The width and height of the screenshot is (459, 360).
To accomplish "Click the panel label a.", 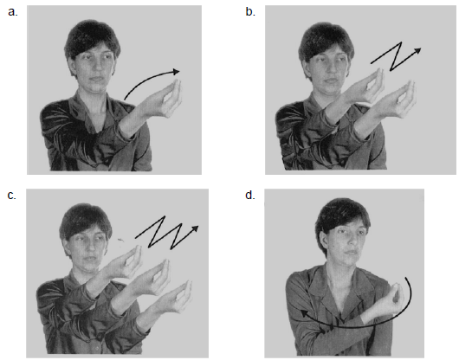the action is (x=13, y=12).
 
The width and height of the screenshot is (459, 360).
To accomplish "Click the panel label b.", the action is (x=250, y=12).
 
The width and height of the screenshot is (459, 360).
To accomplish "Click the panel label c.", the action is (x=12, y=195).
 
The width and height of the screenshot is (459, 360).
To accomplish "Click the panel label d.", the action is (x=250, y=195).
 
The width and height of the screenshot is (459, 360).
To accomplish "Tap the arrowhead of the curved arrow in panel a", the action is (x=176, y=72).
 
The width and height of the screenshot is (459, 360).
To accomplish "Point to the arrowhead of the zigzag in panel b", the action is (x=417, y=51).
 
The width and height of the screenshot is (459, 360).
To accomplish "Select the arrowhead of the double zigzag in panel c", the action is (x=195, y=228).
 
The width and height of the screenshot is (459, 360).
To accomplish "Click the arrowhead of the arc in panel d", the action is (x=305, y=314).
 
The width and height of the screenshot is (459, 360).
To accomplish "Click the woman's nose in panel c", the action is (x=87, y=248).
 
